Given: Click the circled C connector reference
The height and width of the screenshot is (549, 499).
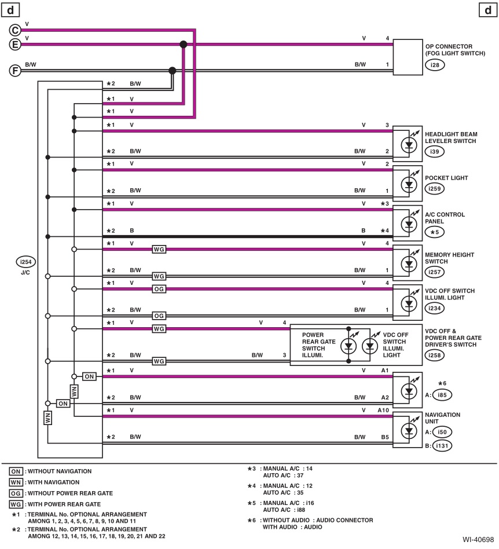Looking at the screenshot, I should [x=16, y=30].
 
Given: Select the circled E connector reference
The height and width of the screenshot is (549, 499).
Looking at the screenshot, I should [x=16, y=45].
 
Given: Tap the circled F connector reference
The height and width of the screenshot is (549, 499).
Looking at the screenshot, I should [x=16, y=71].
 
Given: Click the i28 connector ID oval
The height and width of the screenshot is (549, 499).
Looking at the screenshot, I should [x=434, y=65].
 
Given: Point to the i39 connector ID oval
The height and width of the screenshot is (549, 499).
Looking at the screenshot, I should [x=434, y=152].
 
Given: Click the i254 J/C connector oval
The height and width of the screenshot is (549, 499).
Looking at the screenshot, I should [x=26, y=262].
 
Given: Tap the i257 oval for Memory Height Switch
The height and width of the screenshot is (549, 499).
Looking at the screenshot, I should [x=435, y=272].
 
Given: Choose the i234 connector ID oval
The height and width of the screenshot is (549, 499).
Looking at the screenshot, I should [x=435, y=309].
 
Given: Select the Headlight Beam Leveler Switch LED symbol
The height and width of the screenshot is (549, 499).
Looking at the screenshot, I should [x=409, y=144].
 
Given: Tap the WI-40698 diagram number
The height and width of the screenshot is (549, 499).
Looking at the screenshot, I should [x=478, y=539].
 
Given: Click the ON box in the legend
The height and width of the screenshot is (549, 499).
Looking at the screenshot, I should [x=16, y=471].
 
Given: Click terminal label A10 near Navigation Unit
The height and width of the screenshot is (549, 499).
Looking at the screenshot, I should [x=383, y=411].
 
